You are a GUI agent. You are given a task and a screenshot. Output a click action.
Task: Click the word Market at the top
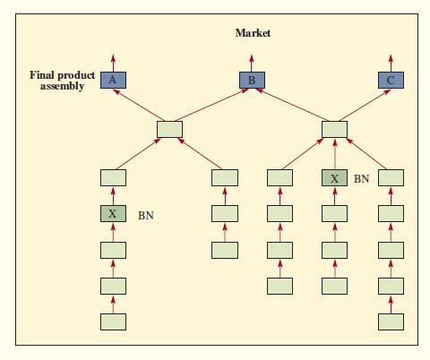(252, 33)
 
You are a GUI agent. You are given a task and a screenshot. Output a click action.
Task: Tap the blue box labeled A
(112, 80)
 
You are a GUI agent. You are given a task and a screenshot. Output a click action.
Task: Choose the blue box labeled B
(252, 80)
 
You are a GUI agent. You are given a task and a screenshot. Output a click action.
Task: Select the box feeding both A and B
(168, 129)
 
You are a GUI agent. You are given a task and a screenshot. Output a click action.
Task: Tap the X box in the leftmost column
(112, 214)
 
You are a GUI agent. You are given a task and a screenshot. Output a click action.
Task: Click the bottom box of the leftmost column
(112, 321)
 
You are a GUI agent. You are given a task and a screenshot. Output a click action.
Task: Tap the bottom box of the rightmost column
(391, 321)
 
